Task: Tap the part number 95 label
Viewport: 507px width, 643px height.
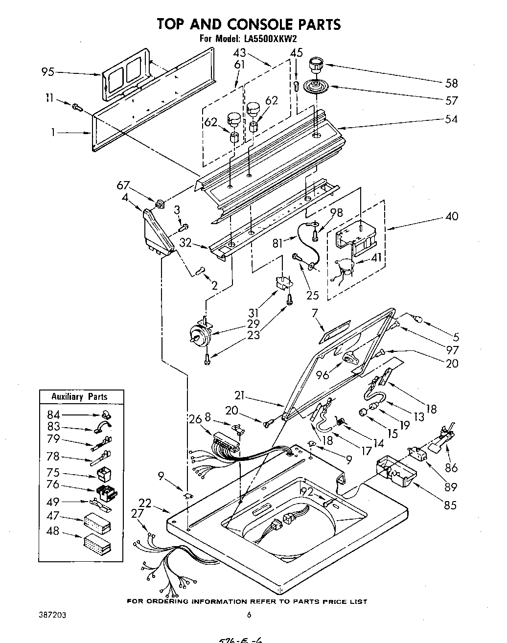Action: click(48, 72)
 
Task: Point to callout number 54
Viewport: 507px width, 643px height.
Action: click(451, 119)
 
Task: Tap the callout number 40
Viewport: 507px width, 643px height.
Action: click(451, 216)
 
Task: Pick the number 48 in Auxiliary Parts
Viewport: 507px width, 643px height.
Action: click(52, 531)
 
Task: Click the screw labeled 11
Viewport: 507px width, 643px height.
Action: click(76, 106)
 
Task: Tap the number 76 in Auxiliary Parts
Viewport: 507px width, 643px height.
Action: click(52, 484)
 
